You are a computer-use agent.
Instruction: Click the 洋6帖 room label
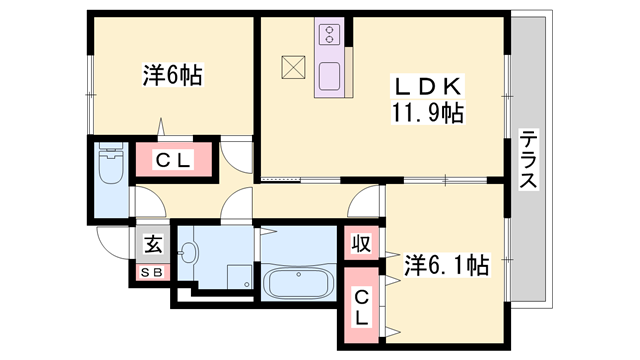point(172,75)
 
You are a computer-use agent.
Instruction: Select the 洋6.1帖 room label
point(446,266)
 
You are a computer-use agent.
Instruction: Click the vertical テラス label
point(529,160)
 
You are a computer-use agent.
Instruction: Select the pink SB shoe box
point(153,270)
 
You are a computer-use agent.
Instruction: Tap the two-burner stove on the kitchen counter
point(329,37)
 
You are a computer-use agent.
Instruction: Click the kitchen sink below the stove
point(329,75)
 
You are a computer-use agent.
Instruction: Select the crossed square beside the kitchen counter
point(294,66)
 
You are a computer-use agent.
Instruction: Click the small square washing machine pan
point(238,275)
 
